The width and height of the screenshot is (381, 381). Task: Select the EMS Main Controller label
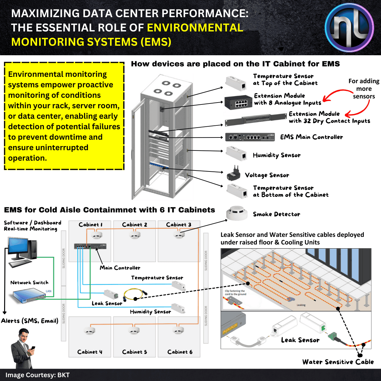point(311,137)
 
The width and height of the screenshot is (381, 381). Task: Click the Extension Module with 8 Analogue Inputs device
point(238,102)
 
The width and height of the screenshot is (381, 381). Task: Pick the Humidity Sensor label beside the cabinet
point(277,155)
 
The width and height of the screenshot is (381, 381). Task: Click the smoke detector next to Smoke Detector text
point(237,213)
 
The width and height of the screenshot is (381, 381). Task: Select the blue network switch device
point(30,295)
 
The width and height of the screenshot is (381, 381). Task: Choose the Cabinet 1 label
point(90,225)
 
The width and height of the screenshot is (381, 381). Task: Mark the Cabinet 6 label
point(180,352)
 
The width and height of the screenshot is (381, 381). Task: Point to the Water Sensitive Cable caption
point(338,362)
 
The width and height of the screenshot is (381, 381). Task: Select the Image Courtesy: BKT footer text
point(37,375)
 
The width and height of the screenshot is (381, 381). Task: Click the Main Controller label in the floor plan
point(120,268)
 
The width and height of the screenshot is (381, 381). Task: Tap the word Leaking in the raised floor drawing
point(301,305)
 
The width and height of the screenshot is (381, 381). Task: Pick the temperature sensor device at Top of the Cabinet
point(236,83)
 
